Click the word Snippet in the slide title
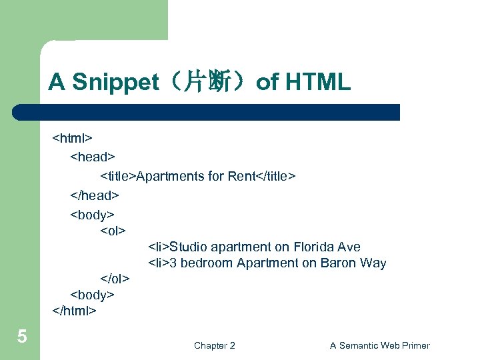[x=115, y=82]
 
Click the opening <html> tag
[x=73, y=139]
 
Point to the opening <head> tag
[x=93, y=157]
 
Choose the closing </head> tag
[x=95, y=195]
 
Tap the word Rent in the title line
[x=242, y=176]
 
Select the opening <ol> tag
[x=113, y=231]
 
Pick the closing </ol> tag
[x=115, y=277]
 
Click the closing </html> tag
[x=75, y=311]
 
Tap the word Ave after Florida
[x=349, y=247]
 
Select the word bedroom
[x=205, y=263]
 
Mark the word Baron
[x=338, y=263]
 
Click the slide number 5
[x=22, y=337]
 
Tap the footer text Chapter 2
[x=214, y=345]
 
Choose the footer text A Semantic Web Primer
[x=379, y=345]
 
